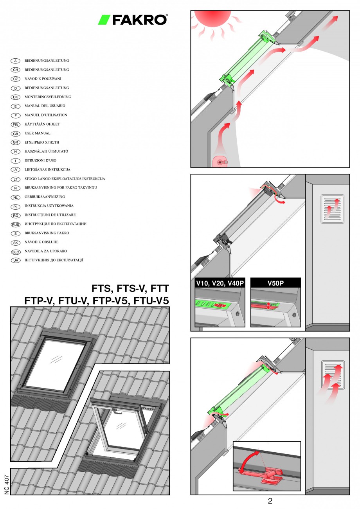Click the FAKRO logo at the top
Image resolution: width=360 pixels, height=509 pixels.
coord(133,20)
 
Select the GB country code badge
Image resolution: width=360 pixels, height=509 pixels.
coord(16,133)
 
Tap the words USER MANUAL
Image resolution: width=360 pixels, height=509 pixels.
coord(38,133)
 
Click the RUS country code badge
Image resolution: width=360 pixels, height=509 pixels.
coord(16,224)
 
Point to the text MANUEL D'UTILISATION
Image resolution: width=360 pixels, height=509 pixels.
coord(46,115)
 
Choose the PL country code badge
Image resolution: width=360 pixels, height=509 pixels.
coord(16,206)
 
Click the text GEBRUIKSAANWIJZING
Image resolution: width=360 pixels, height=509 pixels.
coord(45,197)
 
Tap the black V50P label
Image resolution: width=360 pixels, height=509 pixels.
coord(275,283)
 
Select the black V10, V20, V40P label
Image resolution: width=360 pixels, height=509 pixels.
coord(220,283)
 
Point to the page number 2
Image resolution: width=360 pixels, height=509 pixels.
coord(270,501)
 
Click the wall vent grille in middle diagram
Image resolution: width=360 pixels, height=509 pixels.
coord(332,209)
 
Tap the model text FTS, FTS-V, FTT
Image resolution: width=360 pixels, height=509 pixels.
coord(130,289)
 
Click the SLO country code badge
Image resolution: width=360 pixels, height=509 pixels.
coord(16,252)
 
